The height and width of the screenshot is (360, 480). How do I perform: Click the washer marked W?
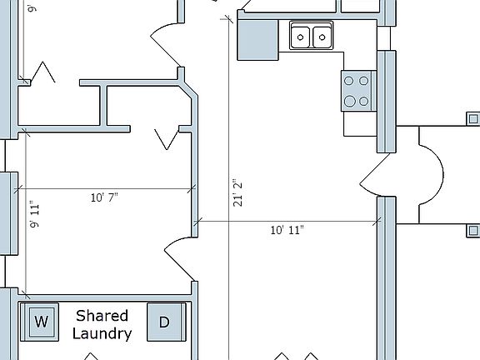(39, 322)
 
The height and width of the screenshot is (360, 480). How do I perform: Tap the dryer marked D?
(166, 322)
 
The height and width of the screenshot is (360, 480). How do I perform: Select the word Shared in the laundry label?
(102, 316)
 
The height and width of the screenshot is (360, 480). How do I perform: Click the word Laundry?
(102, 333)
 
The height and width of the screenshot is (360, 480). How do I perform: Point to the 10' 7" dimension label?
(104, 197)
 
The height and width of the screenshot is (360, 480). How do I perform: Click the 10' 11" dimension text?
(287, 230)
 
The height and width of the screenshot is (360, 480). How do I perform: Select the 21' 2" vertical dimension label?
(237, 192)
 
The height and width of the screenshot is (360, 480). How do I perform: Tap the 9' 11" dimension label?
(35, 214)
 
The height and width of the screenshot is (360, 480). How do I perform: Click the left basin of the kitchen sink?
(300, 37)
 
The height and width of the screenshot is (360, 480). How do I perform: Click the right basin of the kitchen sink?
(322, 37)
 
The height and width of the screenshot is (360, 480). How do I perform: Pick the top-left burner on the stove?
(348, 81)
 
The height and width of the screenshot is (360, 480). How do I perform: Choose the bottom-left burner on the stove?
(349, 101)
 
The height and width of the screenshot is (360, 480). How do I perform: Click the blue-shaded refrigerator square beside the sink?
(258, 39)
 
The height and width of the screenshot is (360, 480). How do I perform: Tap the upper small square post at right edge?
(473, 119)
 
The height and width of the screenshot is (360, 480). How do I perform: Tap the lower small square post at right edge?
(473, 230)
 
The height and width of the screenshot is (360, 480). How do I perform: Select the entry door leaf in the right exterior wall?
(375, 168)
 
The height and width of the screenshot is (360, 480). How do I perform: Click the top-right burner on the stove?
(363, 81)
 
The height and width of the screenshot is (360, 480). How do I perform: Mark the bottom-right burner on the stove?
(363, 101)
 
